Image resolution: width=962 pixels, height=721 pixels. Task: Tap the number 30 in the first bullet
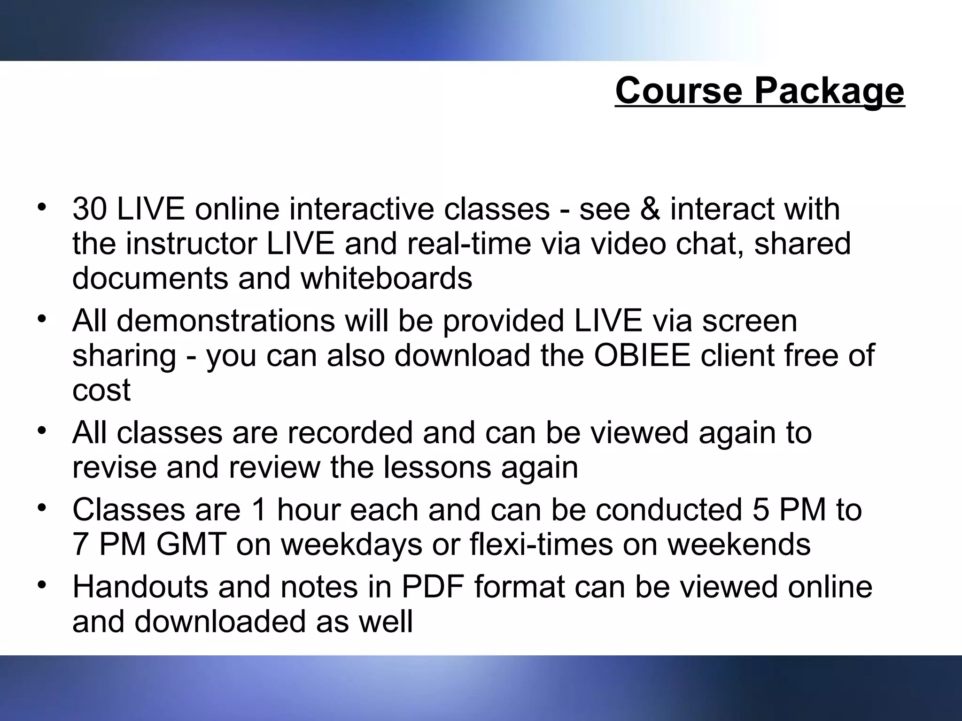coord(90,209)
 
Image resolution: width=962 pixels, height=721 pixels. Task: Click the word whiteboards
coord(386,278)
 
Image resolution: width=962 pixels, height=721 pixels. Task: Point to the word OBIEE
coord(642,355)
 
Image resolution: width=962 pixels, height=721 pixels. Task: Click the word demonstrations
coord(226,321)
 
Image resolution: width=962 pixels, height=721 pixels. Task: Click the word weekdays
coord(351,545)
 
